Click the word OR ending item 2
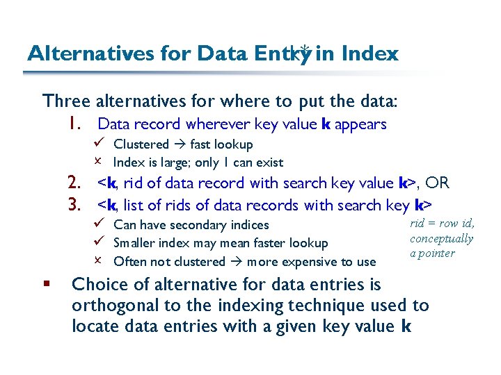pos(437,183)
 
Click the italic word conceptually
pos(441,239)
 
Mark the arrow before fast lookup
pos(180,144)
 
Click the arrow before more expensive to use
pos(237,262)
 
